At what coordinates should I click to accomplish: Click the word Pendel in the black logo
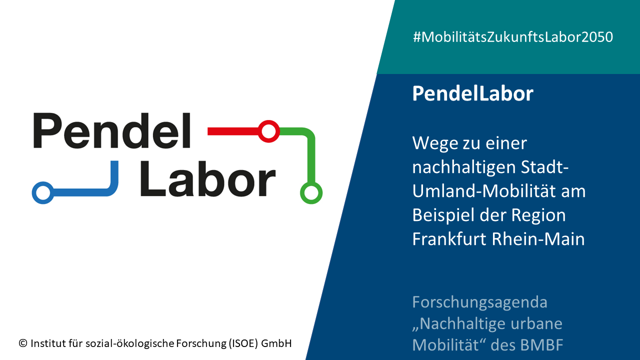(112, 130)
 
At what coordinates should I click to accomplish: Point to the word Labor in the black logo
(207, 178)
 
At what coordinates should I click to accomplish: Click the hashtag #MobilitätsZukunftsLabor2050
(513, 37)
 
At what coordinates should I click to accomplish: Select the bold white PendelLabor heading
(473, 93)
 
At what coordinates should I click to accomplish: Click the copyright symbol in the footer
(23, 343)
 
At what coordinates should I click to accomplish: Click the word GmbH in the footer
(276, 343)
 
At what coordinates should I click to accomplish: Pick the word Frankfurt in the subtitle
(449, 239)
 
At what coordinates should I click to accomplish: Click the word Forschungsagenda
(480, 303)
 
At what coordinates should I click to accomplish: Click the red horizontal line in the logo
(233, 131)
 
